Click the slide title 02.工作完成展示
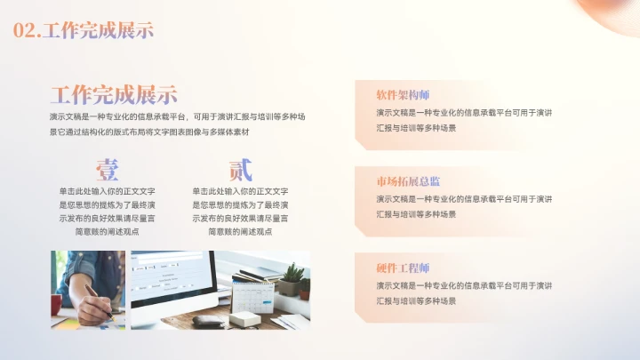pyautogui.click(x=84, y=30)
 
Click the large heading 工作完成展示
pyautogui.click(x=113, y=95)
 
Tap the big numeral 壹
pyautogui.click(x=108, y=169)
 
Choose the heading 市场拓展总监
pyautogui.click(x=408, y=180)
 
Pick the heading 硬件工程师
pyautogui.click(x=403, y=268)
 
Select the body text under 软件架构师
pyautogui.click(x=464, y=120)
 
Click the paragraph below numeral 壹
pyautogui.click(x=108, y=211)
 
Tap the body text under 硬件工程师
pyautogui.click(x=464, y=293)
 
